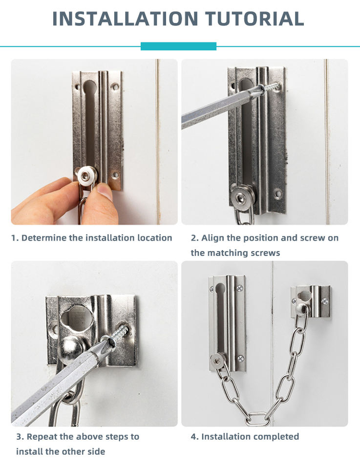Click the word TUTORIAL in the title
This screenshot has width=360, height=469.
pyautogui.click(x=255, y=19)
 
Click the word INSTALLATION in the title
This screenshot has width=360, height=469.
pyautogui.click(x=125, y=19)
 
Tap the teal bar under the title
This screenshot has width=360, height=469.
pyautogui.click(x=178, y=46)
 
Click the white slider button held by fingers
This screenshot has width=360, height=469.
pyautogui.click(x=87, y=176)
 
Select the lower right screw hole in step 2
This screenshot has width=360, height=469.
pyautogui.click(x=278, y=194)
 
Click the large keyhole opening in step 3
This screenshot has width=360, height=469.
pyautogui.click(x=77, y=318)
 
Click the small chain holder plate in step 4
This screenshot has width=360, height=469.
pyautogui.click(x=311, y=301)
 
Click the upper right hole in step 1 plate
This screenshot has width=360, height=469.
pyautogui.click(x=114, y=87)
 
